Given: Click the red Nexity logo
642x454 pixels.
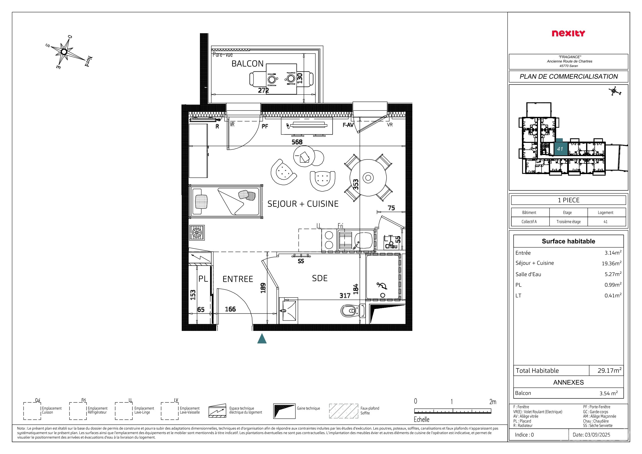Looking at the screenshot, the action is (568, 33).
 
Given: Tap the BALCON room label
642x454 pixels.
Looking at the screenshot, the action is (247, 64).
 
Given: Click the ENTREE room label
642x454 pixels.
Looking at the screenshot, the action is (238, 279).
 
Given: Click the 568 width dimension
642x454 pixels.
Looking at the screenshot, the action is (297, 142).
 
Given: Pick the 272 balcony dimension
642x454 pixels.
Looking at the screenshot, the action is (263, 90).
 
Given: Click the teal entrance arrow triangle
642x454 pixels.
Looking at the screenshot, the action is (262, 339).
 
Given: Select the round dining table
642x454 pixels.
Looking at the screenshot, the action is (368, 178).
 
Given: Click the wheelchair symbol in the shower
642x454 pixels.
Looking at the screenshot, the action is (382, 286).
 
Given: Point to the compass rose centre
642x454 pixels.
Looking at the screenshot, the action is (64, 52).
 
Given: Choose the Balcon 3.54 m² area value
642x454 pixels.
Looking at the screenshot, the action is (609, 393).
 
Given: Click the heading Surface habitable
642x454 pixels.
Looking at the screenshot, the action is (568, 241).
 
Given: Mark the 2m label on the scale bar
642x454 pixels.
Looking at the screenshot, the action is (493, 402).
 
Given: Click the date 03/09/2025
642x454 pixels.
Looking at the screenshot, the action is (591, 435).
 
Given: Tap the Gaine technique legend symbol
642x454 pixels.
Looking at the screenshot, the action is (284, 411).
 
